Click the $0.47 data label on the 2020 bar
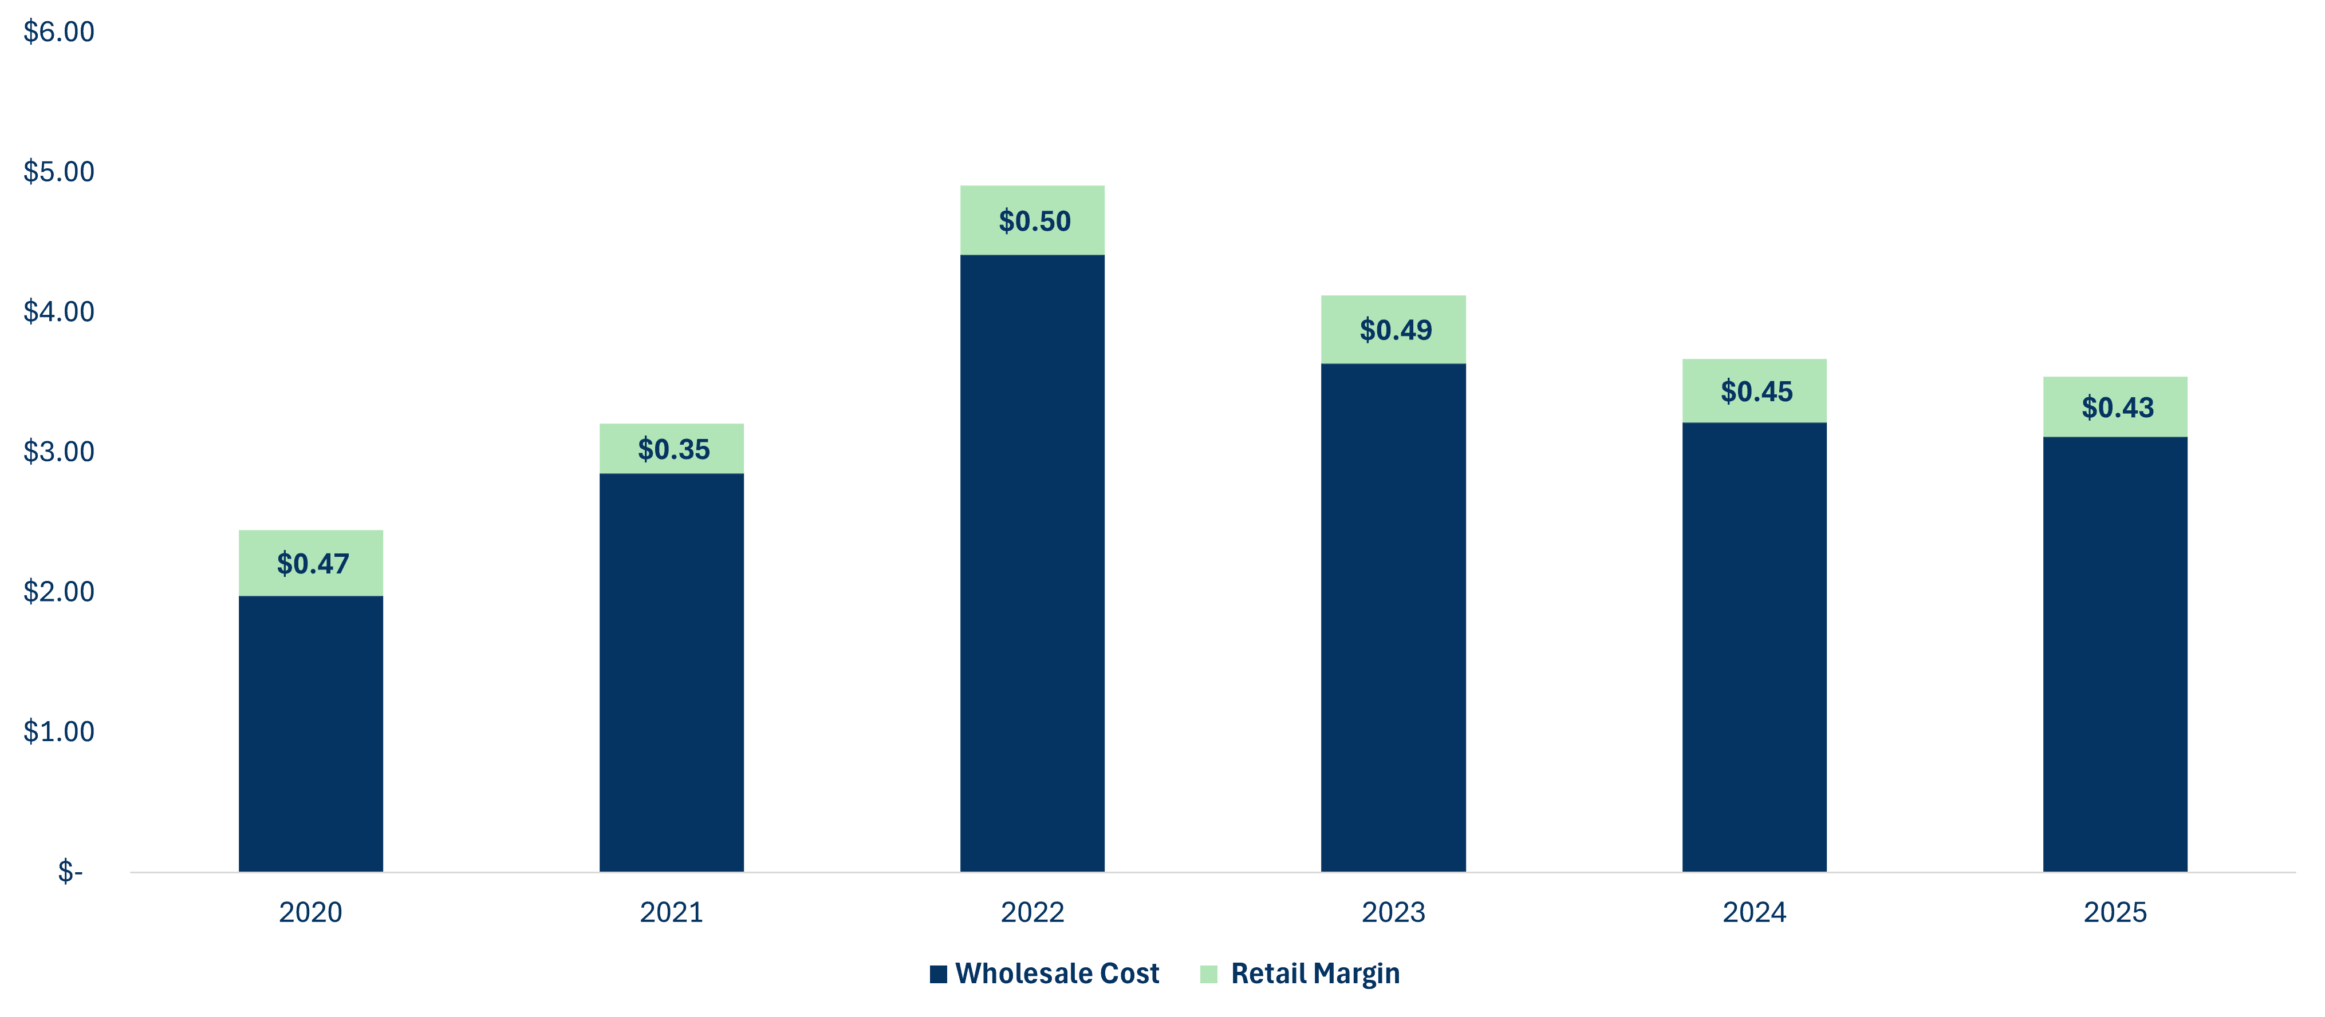point(312,564)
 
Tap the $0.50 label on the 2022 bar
point(1034,221)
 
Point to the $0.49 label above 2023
point(1396,330)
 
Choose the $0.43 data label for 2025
point(2118,408)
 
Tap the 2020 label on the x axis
point(310,912)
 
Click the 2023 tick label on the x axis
point(1393,912)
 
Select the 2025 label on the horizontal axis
point(2115,912)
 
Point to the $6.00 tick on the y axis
point(58,33)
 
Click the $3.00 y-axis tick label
point(58,451)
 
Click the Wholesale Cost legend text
point(1057,974)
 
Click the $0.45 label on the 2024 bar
point(1756,391)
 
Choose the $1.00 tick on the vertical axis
point(58,731)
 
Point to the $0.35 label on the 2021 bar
point(673,449)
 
